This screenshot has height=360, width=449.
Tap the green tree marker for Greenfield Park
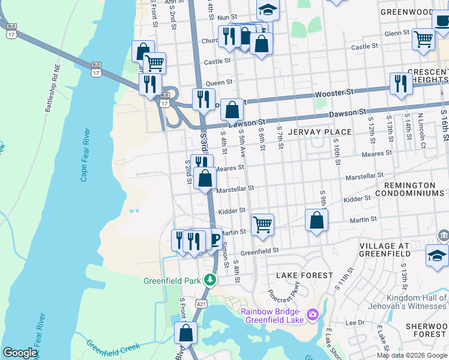click(x=209, y=280)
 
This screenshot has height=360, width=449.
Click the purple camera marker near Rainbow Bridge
click(x=312, y=314)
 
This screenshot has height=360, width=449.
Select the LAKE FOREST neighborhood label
click(x=304, y=275)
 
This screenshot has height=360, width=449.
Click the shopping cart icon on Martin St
click(x=262, y=225)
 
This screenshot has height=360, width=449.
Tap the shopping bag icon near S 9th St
click(x=316, y=220)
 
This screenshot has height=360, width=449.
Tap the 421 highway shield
click(x=203, y=303)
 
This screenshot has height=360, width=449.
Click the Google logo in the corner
click(x=20, y=353)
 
